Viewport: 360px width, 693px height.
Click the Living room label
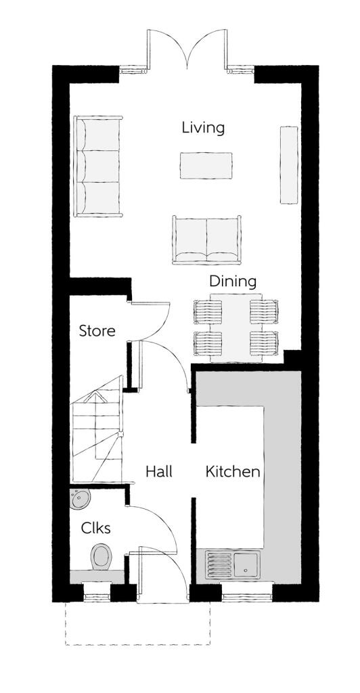(x=203, y=128)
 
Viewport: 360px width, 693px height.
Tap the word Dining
(x=232, y=281)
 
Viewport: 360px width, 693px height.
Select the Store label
(x=97, y=332)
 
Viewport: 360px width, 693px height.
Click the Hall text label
(x=159, y=472)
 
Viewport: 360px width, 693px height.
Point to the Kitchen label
(x=233, y=472)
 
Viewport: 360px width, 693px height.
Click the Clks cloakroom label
(x=97, y=528)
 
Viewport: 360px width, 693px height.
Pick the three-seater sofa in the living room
(x=99, y=166)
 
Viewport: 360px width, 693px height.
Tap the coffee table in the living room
(x=206, y=165)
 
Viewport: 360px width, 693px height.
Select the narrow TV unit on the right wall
(x=289, y=164)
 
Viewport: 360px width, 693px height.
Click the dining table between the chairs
(x=235, y=329)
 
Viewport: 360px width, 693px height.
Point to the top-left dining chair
(x=208, y=312)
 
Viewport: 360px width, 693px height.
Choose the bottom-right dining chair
(x=263, y=343)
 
